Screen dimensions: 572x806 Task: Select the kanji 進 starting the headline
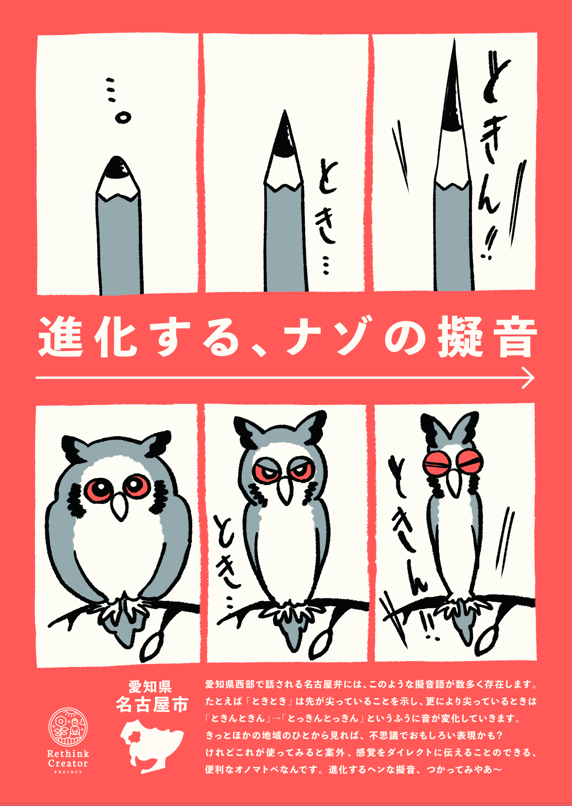[x=60, y=337]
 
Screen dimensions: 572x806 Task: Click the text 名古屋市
[x=152, y=705]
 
